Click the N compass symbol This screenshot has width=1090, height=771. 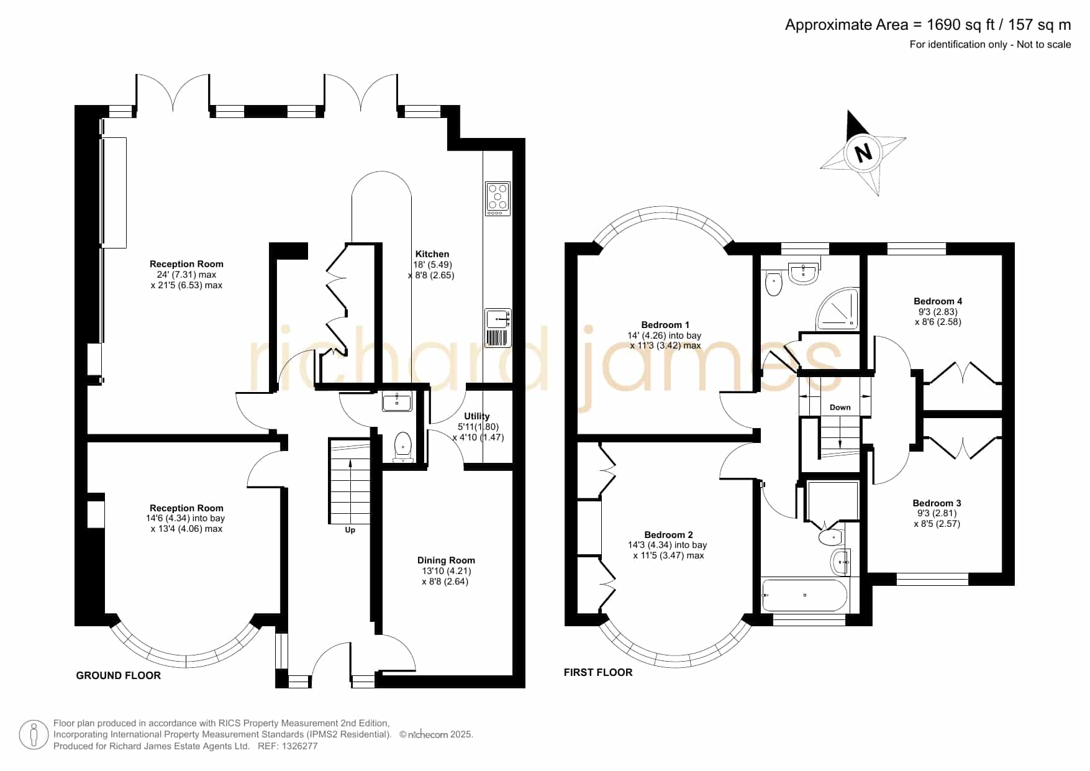click(x=863, y=152)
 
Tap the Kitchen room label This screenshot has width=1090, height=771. click(x=432, y=254)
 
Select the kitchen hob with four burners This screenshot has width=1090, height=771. click(x=497, y=199)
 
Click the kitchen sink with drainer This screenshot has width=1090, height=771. click(x=498, y=327)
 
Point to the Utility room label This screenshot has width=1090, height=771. click(x=477, y=416)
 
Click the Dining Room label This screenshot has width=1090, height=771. click(x=446, y=560)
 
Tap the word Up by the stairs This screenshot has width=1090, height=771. click(x=350, y=530)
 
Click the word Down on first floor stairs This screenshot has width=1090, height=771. click(x=840, y=408)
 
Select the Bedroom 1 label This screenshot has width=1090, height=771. click(x=665, y=325)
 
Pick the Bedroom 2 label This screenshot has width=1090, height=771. click(x=669, y=535)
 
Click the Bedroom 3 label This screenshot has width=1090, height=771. click(x=937, y=503)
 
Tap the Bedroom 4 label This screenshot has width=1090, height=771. click(x=938, y=301)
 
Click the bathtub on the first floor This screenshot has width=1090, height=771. click(x=804, y=595)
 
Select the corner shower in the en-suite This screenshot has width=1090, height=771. click(x=838, y=309)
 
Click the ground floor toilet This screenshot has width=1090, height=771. click(x=403, y=447)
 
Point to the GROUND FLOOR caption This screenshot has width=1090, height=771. click(x=119, y=675)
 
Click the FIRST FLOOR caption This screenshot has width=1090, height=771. click(x=598, y=672)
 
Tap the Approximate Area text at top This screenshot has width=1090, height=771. click(x=928, y=25)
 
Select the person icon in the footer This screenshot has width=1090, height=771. click(x=34, y=735)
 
